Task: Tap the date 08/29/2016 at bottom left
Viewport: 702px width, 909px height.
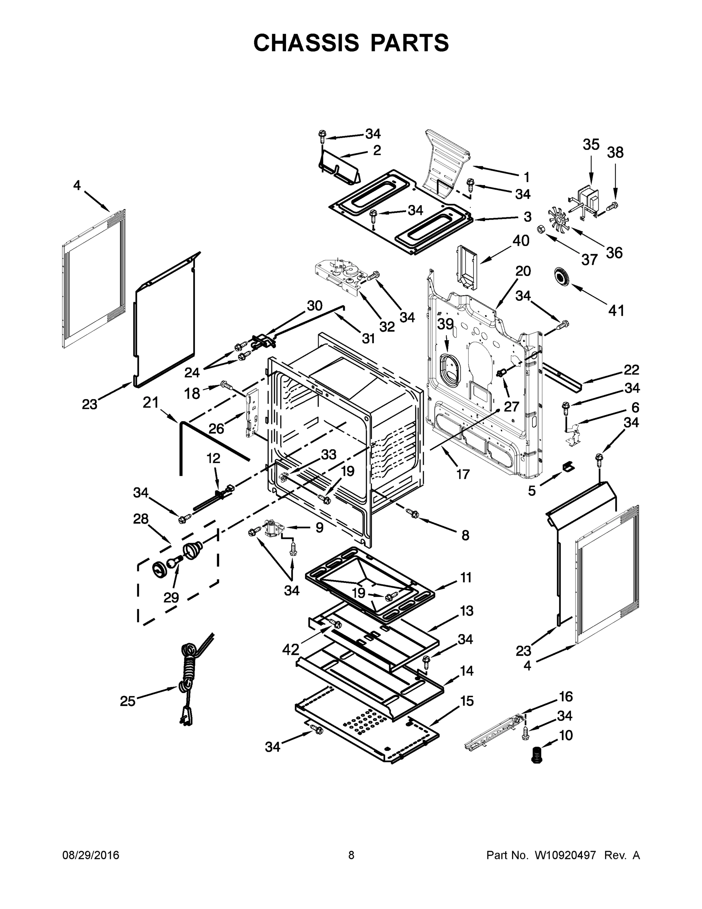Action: click(91, 855)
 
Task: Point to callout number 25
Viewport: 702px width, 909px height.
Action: click(128, 701)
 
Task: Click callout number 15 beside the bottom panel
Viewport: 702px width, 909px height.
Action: click(467, 701)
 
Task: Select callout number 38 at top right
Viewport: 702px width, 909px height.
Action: click(615, 153)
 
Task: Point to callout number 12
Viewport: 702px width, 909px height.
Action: click(213, 458)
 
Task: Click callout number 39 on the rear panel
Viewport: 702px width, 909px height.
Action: click(445, 324)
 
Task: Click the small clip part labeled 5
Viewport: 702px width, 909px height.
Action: click(568, 467)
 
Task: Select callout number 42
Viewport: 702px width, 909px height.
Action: click(291, 649)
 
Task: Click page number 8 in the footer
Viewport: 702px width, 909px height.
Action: click(351, 855)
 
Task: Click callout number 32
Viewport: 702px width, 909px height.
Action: click(386, 327)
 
